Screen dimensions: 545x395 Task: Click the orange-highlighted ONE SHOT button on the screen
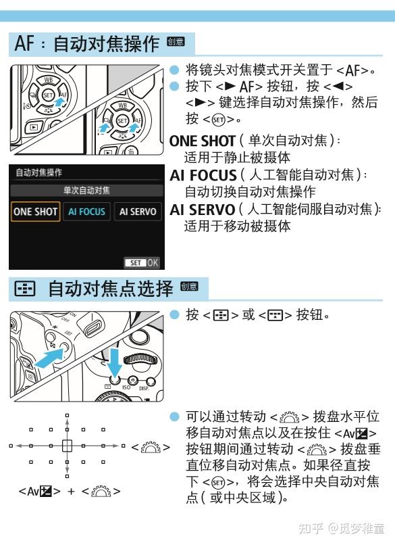(x=36, y=211)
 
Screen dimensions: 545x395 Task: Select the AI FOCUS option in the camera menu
(x=86, y=211)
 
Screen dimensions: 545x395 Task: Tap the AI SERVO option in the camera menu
(x=137, y=211)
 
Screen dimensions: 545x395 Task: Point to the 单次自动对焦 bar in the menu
(x=86, y=190)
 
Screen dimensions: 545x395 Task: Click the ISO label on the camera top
(x=126, y=387)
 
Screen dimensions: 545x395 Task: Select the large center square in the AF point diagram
(x=66, y=446)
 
